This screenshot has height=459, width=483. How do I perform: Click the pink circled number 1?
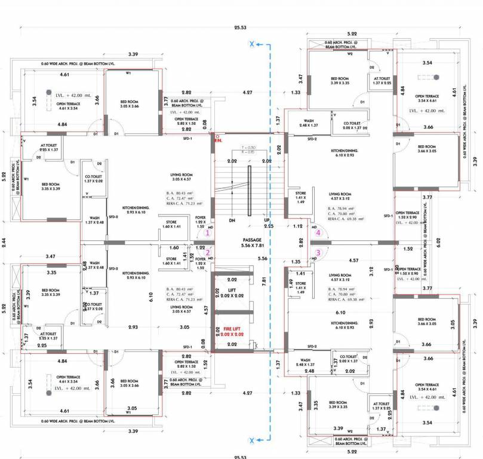coord(208,233)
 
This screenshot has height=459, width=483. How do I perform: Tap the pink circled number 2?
coord(208,252)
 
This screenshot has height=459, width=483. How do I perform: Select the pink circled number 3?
coord(318,252)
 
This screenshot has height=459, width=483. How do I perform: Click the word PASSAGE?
coord(236,239)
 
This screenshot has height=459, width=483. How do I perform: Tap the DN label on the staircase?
coord(232,221)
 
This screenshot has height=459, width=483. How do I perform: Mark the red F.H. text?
coord(219,139)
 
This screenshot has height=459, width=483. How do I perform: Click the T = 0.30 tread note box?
coord(248,150)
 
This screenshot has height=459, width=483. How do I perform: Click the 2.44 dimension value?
coord(5,242)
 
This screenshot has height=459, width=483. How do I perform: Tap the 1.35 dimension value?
coord(296,261)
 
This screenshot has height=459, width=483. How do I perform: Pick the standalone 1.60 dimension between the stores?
coord(175,247)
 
